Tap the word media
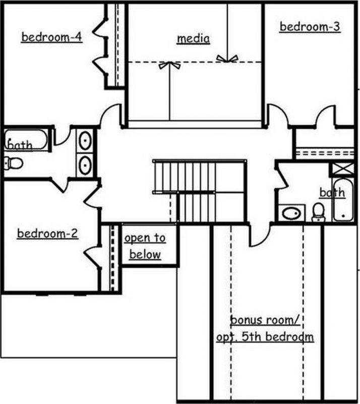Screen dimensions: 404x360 [x=193, y=38]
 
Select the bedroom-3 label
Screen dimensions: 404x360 [x=310, y=27]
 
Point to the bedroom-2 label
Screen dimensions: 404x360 [x=47, y=234]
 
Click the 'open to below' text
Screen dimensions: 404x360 [x=145, y=246]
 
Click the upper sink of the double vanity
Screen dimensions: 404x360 [x=86, y=140]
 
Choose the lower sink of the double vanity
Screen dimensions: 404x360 [x=86, y=164]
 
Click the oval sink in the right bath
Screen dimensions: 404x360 [x=292, y=213]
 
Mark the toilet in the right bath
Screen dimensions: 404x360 [x=318, y=212]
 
